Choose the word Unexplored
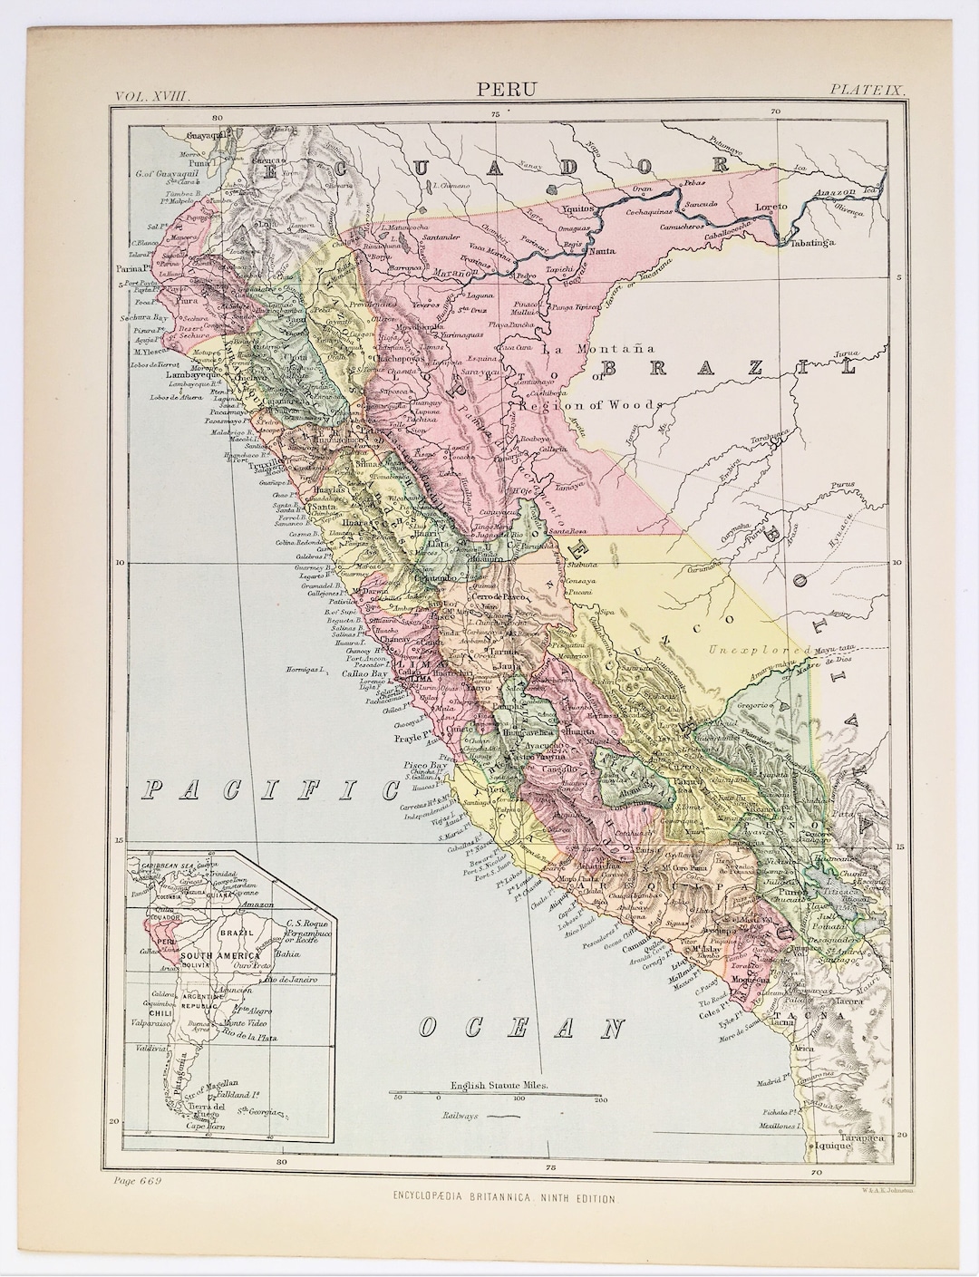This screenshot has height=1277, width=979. pos(758,650)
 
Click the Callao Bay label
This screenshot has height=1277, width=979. pos(344,673)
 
